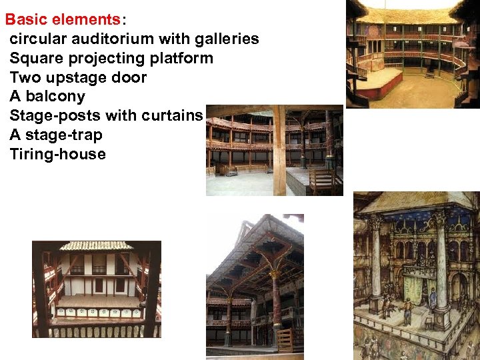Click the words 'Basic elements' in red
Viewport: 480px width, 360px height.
point(53,19)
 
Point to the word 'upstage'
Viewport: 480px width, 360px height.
point(77,77)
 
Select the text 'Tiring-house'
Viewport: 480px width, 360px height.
point(57,154)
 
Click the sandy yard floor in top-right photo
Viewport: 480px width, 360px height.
point(427,93)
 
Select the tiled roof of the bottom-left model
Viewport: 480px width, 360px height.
point(97,245)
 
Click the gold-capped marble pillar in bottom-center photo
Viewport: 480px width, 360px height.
point(275,303)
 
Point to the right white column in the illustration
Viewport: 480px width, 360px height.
point(441,267)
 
